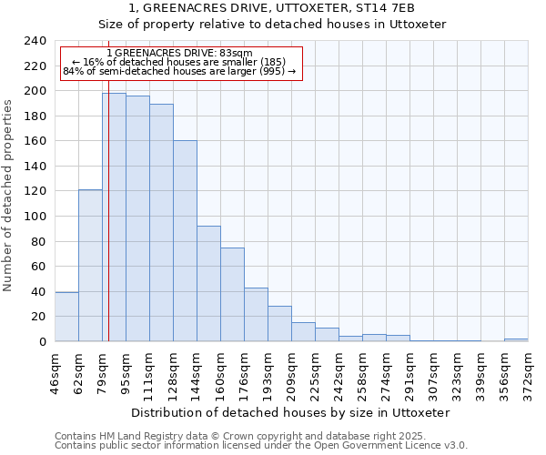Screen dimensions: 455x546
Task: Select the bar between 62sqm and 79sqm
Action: [90, 265]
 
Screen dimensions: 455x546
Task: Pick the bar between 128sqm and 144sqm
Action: [185, 241]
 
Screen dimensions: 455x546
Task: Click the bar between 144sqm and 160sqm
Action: [208, 283]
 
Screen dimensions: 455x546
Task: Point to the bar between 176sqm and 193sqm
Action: [256, 314]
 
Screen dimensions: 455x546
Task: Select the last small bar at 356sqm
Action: [516, 339]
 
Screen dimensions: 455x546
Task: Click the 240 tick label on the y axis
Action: [35, 41]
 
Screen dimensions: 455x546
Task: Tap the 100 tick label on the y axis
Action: [35, 217]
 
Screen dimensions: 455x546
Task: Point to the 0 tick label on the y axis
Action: [43, 342]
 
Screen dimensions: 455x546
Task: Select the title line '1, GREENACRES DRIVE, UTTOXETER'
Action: [272, 8]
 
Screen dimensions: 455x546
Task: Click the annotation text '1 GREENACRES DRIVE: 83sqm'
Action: [179, 54]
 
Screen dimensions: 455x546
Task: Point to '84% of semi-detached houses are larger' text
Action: [179, 71]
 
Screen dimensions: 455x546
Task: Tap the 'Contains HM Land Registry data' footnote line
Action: [239, 436]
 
